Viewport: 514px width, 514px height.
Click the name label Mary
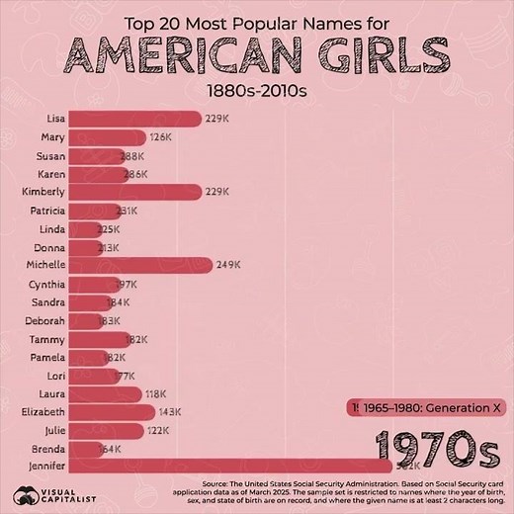point(53,136)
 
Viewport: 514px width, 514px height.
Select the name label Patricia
point(47,211)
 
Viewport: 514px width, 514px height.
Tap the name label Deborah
point(45,320)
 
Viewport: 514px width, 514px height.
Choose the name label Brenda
point(48,448)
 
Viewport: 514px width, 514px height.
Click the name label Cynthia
point(47,284)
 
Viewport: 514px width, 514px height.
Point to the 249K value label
point(228,265)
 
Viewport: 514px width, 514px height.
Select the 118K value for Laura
point(156,393)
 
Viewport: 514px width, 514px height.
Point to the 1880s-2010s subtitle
point(256,91)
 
